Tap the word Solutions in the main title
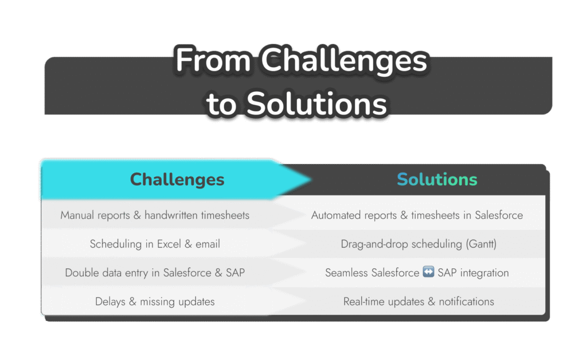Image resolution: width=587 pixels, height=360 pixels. pos(316,104)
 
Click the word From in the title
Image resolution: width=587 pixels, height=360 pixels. pos(213,60)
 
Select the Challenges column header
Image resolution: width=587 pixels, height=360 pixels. pos(177,179)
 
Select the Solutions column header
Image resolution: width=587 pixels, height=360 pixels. pos(437,179)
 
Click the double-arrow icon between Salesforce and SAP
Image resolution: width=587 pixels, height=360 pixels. pos(428,272)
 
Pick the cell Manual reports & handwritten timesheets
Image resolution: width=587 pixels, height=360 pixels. pos(155,215)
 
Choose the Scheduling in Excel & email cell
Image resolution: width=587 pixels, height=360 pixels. pos(155,244)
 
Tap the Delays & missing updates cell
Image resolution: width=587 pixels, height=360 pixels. pos(155,302)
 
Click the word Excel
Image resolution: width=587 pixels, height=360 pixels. pos(169,244)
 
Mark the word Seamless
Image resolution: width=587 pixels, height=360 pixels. pos(346,273)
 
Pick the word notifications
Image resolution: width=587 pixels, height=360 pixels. pos(467,302)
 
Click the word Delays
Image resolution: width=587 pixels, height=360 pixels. pos(110,302)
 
